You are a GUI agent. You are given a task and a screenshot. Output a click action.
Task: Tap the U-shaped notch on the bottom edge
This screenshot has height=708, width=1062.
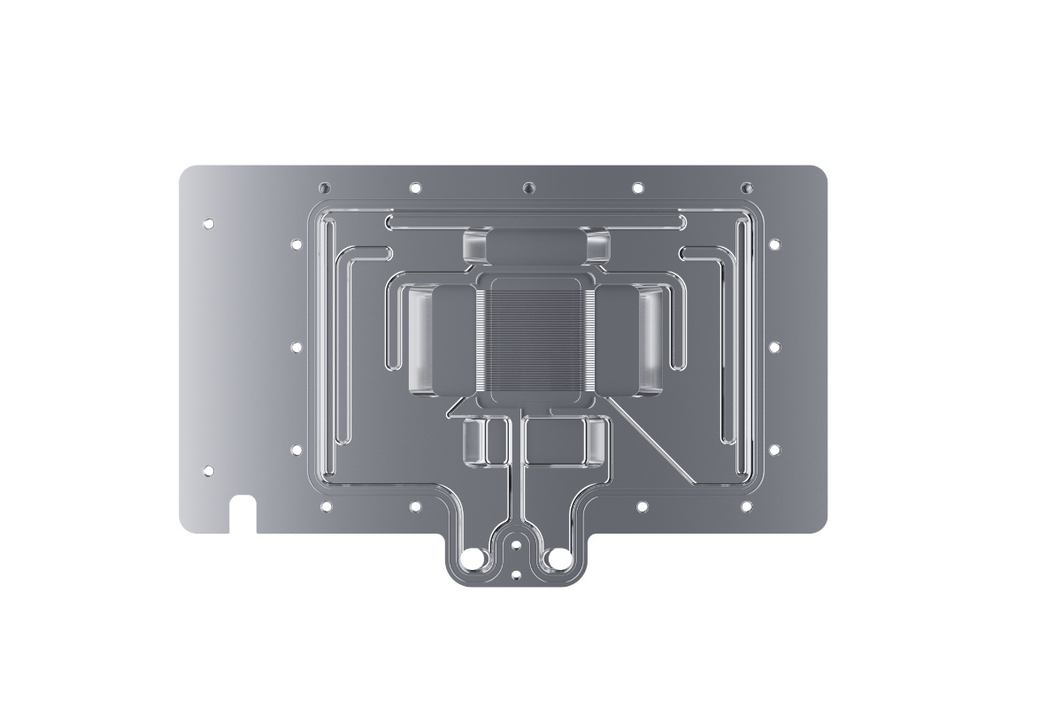(242, 516)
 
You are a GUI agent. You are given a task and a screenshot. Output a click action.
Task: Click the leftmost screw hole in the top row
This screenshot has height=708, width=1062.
(325, 188)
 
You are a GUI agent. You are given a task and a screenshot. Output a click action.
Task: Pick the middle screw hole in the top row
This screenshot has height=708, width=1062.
(528, 188)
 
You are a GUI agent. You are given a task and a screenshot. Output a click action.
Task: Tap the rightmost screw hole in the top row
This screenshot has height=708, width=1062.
(746, 188)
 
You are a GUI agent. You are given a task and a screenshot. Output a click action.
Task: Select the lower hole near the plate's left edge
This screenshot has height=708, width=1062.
(209, 471)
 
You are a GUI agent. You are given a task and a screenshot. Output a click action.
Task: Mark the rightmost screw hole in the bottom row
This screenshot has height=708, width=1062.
(746, 506)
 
